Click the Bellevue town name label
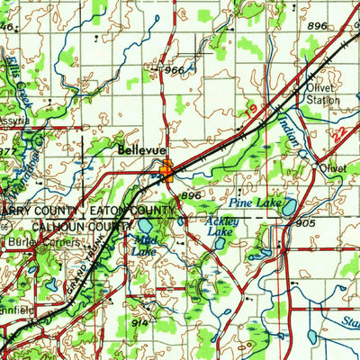[139, 152]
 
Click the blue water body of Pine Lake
[290, 209]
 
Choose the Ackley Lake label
[219, 226]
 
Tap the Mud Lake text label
[143, 245]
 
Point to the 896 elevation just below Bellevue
[190, 194]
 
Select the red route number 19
[248, 109]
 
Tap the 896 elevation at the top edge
[316, 28]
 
